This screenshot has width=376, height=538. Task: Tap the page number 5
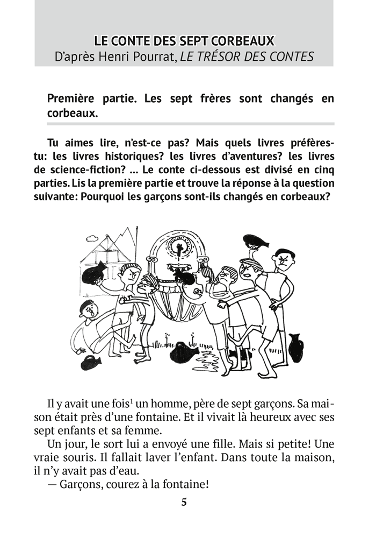pos(184,503)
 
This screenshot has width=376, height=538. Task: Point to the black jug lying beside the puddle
pos(184,353)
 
